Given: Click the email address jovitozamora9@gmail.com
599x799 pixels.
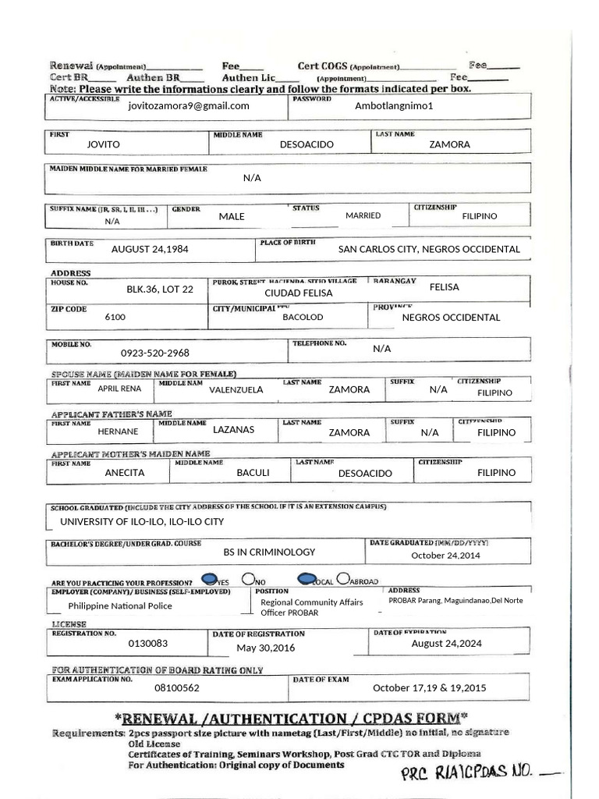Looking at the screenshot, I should [189, 106].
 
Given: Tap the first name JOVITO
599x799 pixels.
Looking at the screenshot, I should [104, 144].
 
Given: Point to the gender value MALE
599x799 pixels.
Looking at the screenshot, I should [232, 216].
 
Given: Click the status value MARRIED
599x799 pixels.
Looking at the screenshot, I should [363, 215].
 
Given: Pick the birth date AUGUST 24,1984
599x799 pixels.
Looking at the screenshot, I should [150, 249].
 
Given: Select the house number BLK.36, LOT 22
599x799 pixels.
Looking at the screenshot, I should [160, 289].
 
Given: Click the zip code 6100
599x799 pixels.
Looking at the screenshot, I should [115, 318].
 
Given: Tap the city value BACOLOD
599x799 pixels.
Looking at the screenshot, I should [303, 318].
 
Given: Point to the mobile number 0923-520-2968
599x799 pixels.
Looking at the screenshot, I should [154, 353].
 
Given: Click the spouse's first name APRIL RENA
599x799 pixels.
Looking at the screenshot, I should [119, 388].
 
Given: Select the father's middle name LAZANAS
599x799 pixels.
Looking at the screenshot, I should [233, 429].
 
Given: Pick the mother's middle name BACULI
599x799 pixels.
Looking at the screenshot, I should [253, 472].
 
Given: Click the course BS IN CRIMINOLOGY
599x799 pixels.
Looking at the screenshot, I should [269, 552].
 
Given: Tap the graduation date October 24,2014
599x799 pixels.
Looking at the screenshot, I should [445, 556].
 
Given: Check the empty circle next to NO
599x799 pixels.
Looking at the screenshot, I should [248, 579].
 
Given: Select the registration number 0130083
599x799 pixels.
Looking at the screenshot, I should [148, 644].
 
